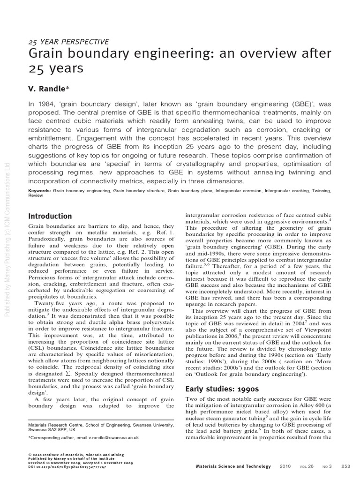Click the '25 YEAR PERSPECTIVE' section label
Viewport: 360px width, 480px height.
[x=68, y=42]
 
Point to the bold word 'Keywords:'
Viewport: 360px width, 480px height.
[x=40, y=191]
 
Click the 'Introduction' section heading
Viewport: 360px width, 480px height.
[x=50, y=216]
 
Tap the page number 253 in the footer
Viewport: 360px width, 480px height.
[x=346, y=466]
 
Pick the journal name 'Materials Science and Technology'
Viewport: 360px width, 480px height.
[x=233, y=466]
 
